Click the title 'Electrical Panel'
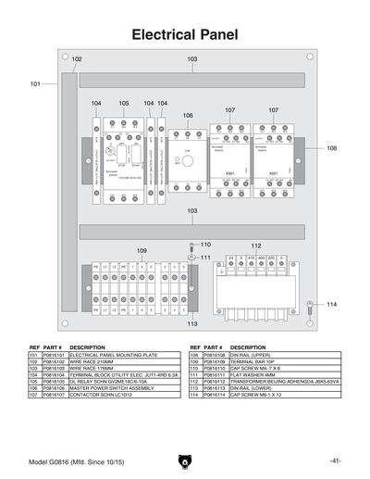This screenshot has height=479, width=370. pyautogui.click(x=185, y=35)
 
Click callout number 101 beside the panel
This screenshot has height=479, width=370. pyautogui.click(x=35, y=83)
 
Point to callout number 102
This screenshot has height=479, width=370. pyautogui.click(x=77, y=59)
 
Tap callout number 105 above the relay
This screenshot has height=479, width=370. pyautogui.click(x=124, y=102)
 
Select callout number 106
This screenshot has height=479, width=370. pyautogui.click(x=188, y=116)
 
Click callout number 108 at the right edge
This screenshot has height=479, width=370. pyautogui.click(x=331, y=148)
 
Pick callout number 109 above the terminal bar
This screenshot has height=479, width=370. pyautogui.click(x=142, y=250)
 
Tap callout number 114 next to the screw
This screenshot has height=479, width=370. pyautogui.click(x=331, y=304)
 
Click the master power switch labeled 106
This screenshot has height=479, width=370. pyautogui.click(x=188, y=158)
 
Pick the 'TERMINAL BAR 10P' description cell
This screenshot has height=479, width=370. pyautogui.click(x=250, y=360)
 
